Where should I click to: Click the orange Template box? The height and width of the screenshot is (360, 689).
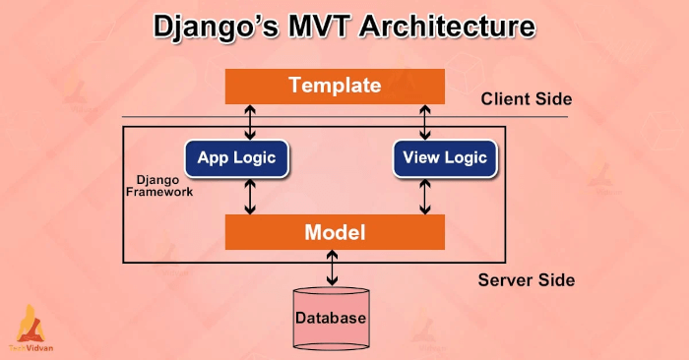pyautogui.click(x=335, y=86)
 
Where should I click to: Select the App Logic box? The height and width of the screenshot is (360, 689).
pyautogui.click(x=236, y=158)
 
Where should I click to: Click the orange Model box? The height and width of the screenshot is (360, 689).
pyautogui.click(x=335, y=233)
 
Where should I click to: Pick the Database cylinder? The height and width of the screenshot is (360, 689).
pyautogui.click(x=331, y=318)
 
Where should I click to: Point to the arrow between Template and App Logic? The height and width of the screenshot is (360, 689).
pyautogui.click(x=251, y=122)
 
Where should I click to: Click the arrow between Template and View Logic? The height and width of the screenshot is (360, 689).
pyautogui.click(x=425, y=122)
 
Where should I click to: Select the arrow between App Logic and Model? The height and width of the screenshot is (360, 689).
pyautogui.click(x=251, y=196)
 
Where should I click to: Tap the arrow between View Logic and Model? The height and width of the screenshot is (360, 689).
pyautogui.click(x=425, y=196)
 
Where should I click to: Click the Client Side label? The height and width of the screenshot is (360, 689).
pyautogui.click(x=526, y=99)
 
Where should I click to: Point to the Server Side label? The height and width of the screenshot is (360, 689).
pyautogui.click(x=526, y=280)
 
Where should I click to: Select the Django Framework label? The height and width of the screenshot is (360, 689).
pyautogui.click(x=158, y=187)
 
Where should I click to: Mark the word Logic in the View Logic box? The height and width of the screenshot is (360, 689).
pyautogui.click(x=467, y=158)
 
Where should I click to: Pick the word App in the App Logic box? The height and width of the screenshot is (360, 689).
pyautogui.click(x=214, y=158)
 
